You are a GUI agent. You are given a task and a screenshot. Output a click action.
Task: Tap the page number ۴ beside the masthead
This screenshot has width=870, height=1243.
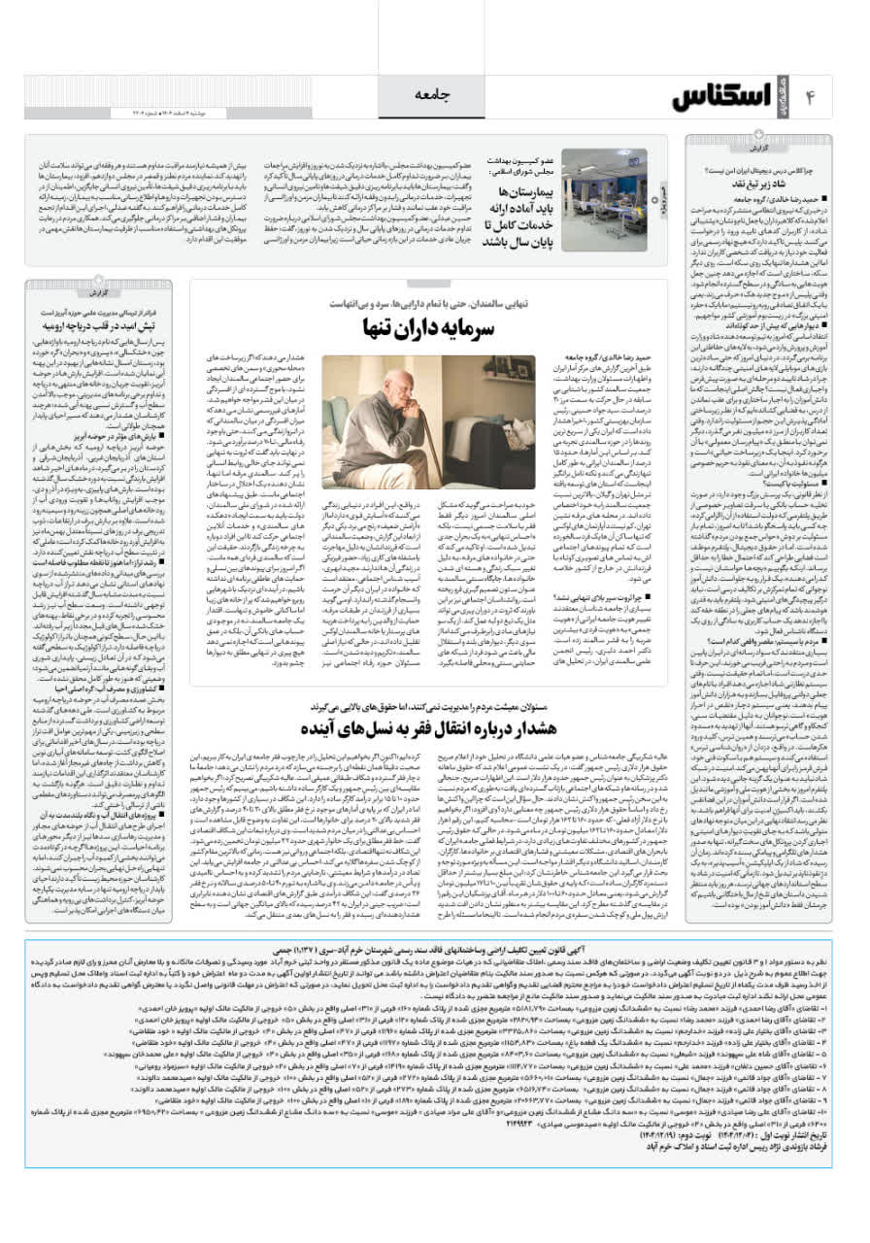click(x=811, y=96)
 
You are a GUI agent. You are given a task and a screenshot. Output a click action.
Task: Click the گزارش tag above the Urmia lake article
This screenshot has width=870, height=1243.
click(x=97, y=291)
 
